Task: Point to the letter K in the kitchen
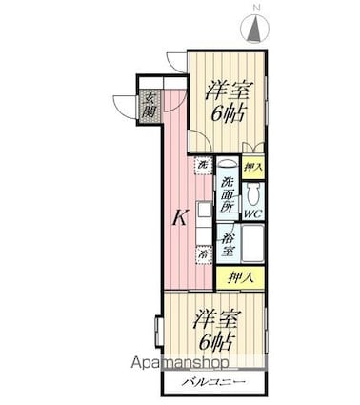[x=178, y=218]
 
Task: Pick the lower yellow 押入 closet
[x=240, y=278]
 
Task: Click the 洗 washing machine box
[x=202, y=168]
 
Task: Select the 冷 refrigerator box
[x=202, y=254]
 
